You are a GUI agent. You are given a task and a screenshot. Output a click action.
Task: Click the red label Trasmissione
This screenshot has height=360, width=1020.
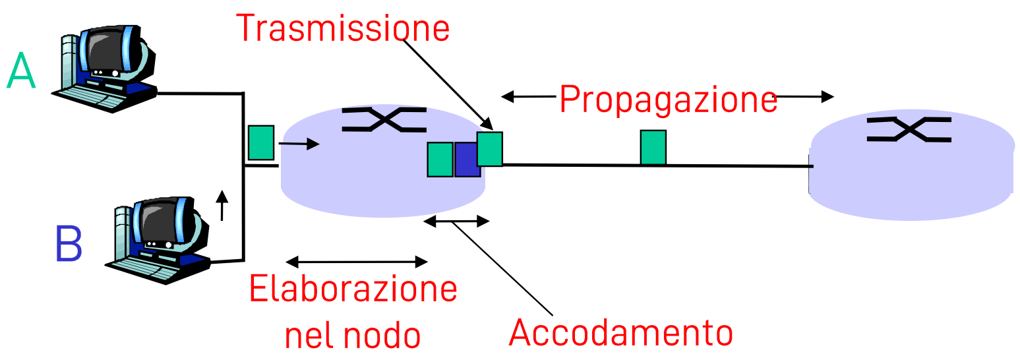(342, 28)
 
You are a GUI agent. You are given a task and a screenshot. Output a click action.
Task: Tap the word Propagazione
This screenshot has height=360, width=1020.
(668, 100)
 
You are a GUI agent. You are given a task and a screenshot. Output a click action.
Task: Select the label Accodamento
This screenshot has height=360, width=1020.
(620, 333)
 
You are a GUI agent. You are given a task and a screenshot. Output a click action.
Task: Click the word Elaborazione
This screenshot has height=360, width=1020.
(353, 289)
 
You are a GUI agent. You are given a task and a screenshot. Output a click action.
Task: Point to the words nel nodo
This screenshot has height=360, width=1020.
(352, 335)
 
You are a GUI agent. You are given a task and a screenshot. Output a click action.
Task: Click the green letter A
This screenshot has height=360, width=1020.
(20, 72)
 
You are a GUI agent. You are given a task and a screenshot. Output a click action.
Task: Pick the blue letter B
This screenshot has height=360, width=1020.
(69, 245)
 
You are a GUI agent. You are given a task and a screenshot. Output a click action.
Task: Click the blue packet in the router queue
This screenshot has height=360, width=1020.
(467, 160)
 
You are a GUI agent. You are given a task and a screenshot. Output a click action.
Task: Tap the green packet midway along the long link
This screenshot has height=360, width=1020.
(653, 147)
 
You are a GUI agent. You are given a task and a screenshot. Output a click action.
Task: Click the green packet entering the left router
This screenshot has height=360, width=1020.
(260, 142)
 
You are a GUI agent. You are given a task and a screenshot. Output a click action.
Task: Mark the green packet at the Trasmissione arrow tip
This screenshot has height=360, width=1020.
(490, 148)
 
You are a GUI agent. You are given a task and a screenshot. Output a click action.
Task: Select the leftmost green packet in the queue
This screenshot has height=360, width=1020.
(440, 160)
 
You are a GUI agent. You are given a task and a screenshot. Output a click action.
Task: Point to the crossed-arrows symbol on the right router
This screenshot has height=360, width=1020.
(909, 129)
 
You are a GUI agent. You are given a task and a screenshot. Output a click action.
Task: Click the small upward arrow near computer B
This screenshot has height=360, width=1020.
(222, 204)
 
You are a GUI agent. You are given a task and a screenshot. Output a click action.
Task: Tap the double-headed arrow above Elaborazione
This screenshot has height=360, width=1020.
(356, 262)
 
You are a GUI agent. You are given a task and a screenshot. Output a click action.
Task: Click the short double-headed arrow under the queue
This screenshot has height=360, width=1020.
(456, 222)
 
